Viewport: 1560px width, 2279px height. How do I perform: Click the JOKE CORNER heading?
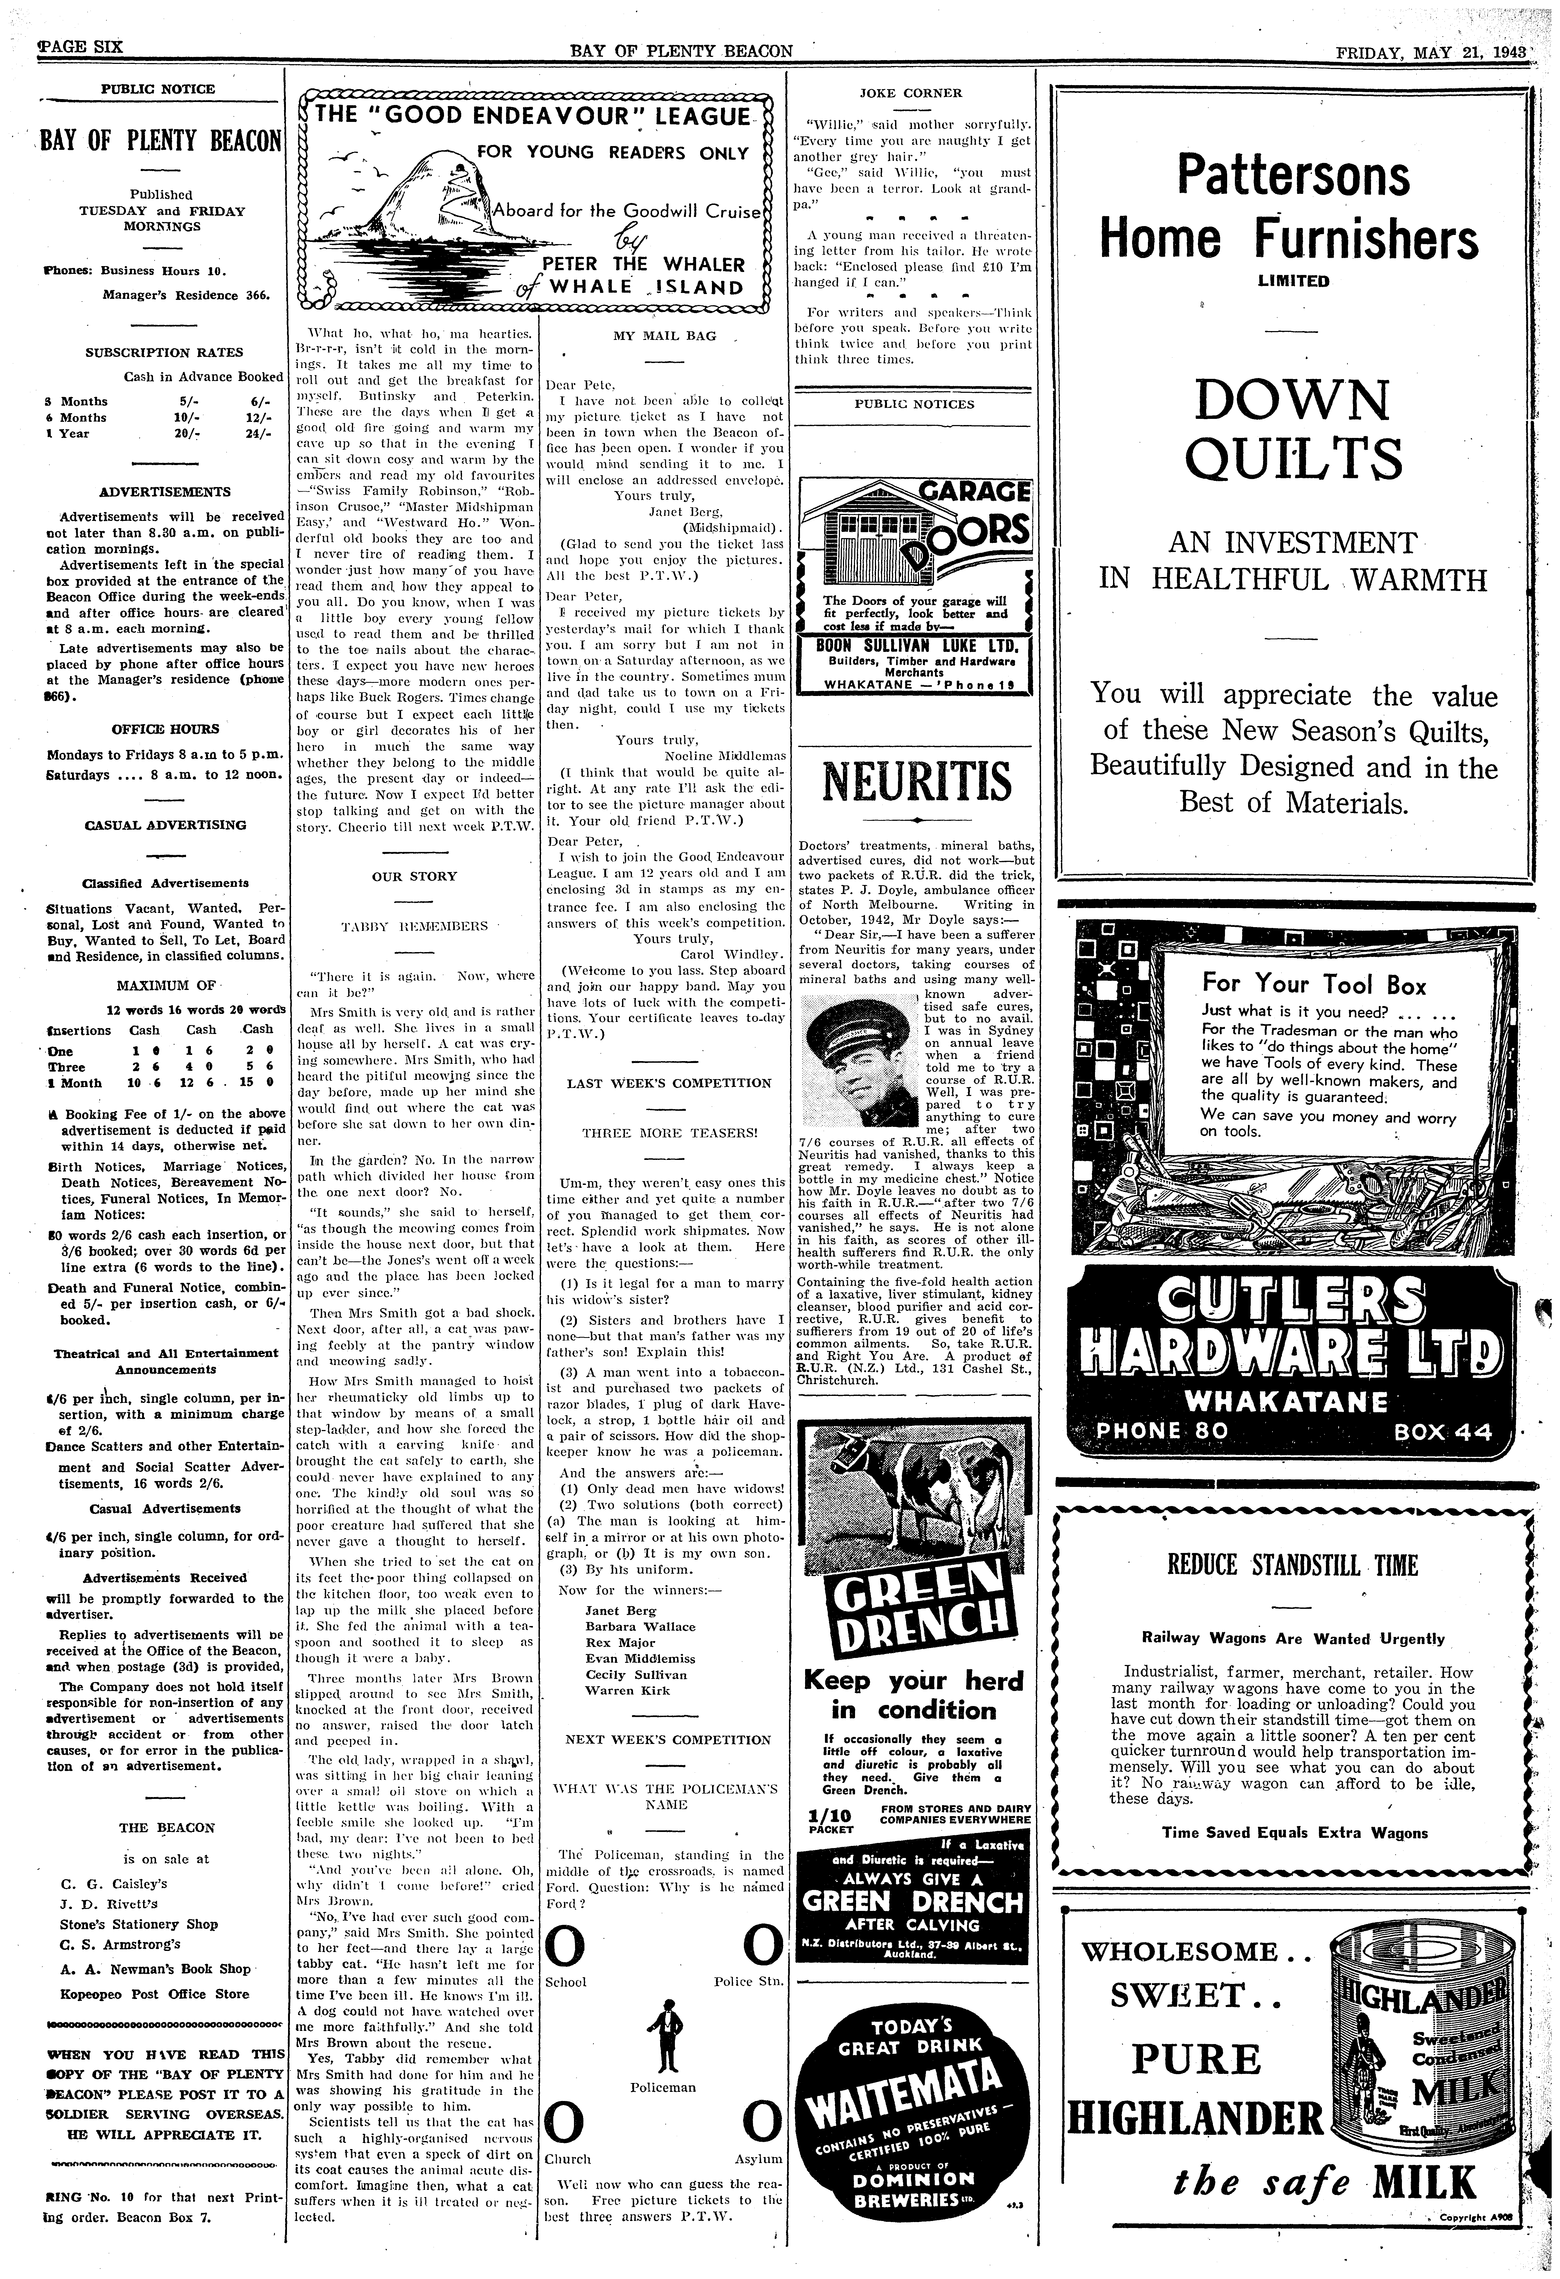point(911,93)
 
